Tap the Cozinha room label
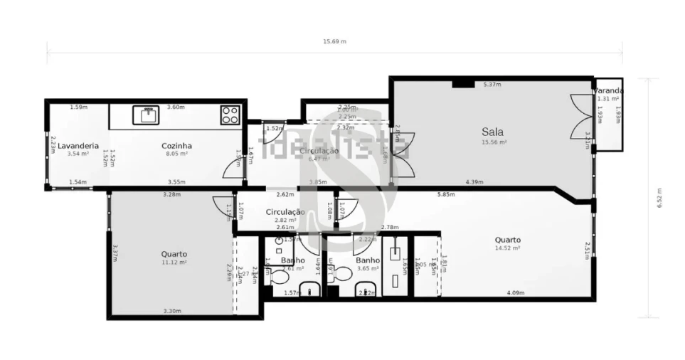coord(176,145)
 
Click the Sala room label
coord(492,132)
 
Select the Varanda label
coord(609,90)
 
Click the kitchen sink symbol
coord(149,115)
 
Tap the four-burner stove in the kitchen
coord(229,115)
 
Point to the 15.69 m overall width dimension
coord(334,41)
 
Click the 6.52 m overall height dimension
coord(659,198)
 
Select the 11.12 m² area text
coord(174,263)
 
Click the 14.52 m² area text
coord(507,248)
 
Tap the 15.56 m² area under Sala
coord(493,142)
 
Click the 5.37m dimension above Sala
coord(492,85)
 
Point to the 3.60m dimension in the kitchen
coord(176,107)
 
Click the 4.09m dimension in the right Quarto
coord(515,292)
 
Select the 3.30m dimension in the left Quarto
coord(172,311)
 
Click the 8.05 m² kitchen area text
coord(176,154)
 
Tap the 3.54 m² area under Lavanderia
coord(78,154)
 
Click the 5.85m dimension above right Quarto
coord(446,194)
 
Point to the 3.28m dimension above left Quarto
coord(171,194)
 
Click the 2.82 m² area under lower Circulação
coord(285,220)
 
